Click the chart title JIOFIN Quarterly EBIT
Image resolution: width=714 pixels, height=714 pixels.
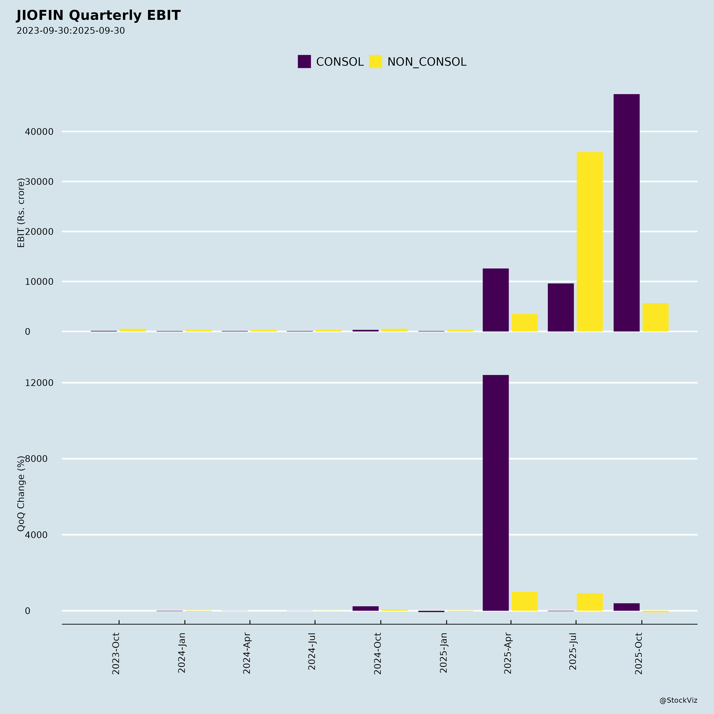[98, 15]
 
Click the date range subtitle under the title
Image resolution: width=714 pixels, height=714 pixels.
[71, 31]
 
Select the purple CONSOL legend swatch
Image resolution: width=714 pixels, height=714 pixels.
[304, 61]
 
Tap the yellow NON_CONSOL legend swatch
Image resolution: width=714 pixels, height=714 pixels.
[375, 61]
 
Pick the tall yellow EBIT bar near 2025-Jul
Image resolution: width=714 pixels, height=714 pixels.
[590, 242]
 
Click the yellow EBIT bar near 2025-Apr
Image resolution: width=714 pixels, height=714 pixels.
[525, 323]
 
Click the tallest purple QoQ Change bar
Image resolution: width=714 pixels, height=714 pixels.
[496, 493]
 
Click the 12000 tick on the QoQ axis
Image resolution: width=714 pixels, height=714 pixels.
[39, 383]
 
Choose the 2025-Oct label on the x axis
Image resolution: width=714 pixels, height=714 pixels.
[639, 653]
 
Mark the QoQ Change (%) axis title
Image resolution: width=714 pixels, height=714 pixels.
[21, 493]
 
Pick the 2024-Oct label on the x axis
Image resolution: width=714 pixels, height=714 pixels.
[377, 653]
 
